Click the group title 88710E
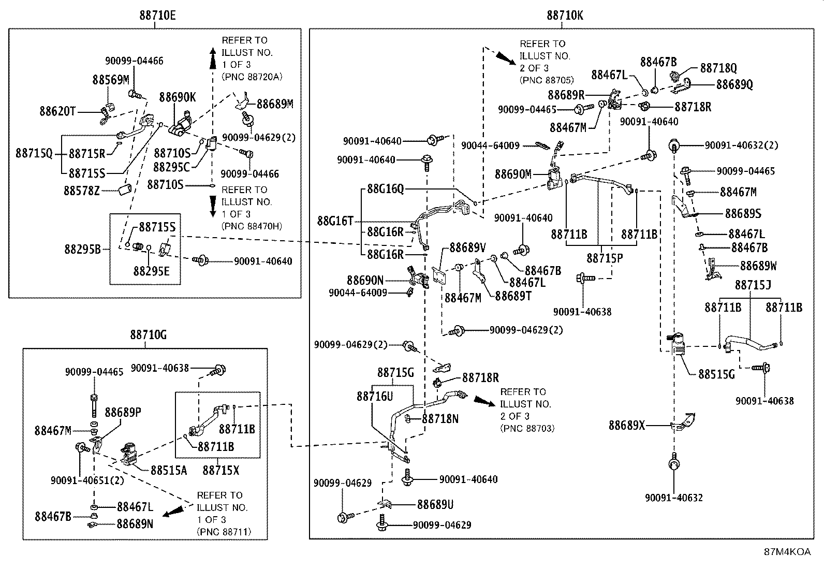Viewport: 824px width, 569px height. (x=157, y=16)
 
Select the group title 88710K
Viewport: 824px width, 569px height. (x=565, y=16)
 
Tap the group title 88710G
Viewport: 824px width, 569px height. (x=148, y=335)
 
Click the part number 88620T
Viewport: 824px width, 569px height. (x=57, y=111)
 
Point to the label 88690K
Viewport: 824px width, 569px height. (x=178, y=97)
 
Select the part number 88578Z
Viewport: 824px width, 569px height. (x=82, y=191)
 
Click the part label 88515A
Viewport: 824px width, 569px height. (x=169, y=470)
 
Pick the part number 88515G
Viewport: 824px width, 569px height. (x=716, y=374)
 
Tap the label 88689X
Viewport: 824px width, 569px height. (x=627, y=426)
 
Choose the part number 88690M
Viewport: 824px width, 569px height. (x=513, y=174)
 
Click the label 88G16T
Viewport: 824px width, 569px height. (x=335, y=221)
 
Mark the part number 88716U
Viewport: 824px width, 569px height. (x=375, y=397)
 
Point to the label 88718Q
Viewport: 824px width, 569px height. (x=718, y=68)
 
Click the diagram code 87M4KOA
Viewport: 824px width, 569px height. (x=787, y=552)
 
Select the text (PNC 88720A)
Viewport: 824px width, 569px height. (x=252, y=77)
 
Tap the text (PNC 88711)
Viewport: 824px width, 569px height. (x=224, y=532)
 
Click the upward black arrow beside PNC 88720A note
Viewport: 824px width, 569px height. (x=213, y=58)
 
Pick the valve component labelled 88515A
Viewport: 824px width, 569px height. (x=128, y=455)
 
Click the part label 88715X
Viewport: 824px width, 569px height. (x=220, y=470)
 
